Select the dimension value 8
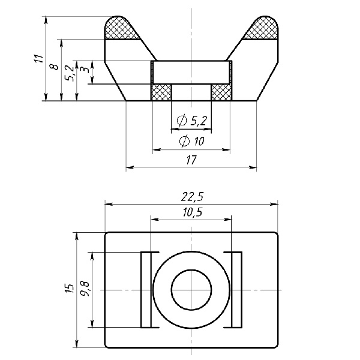coord(55,67)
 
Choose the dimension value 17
coord(191,160)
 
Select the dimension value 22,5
coord(192,197)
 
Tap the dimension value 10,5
coord(193,212)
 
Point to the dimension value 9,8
coord(85,289)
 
